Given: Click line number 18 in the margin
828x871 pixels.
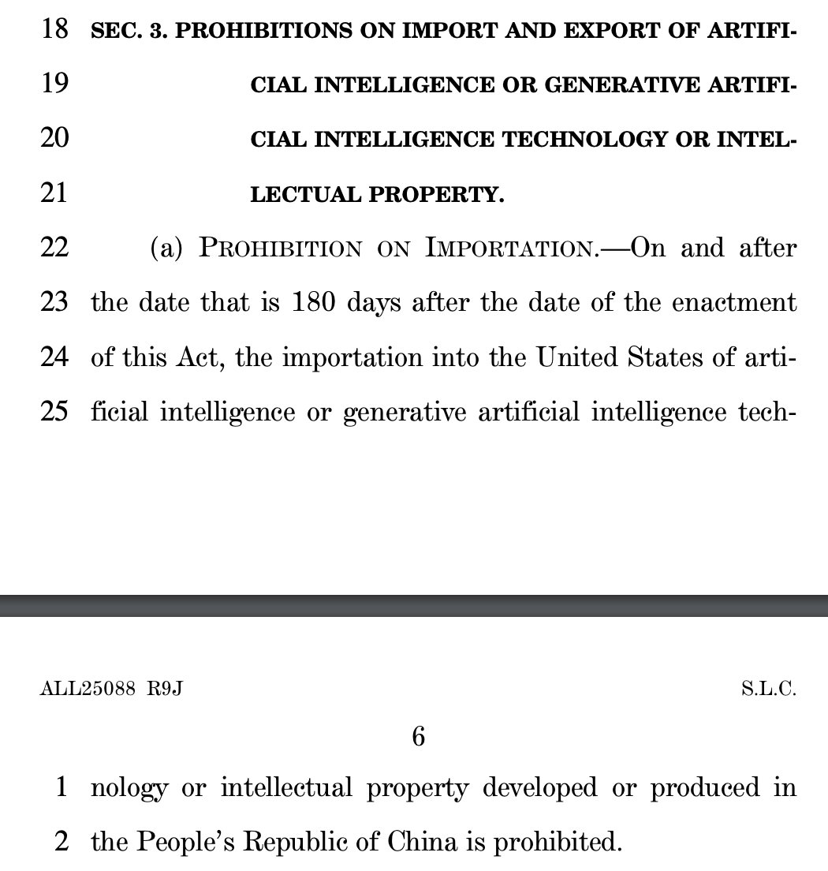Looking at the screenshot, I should click(54, 31).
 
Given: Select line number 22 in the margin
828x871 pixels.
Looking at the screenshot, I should click(54, 248).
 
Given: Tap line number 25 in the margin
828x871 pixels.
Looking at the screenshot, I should click(54, 413).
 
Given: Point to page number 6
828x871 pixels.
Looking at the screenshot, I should click(418, 737).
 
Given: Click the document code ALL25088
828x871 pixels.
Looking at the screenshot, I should click(88, 690).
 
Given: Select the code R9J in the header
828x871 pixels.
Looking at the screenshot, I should click(165, 690).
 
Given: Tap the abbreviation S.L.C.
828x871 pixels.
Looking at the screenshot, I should click(769, 690).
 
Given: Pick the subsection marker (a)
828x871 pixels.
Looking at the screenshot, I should click(166, 249).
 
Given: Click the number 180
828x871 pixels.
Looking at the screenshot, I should click(315, 303).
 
